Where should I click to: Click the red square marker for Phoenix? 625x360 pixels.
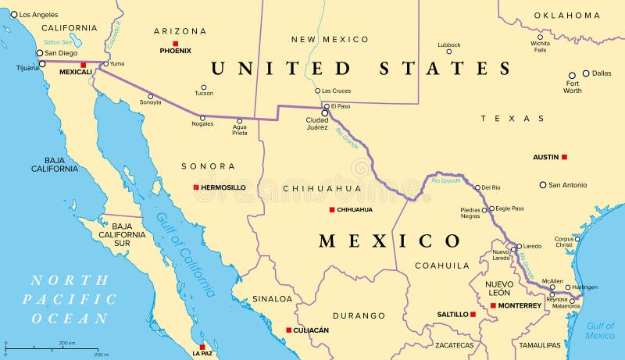click(x=176, y=43)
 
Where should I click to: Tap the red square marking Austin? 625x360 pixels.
click(x=564, y=157)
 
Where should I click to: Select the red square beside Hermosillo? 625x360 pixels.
click(x=196, y=187)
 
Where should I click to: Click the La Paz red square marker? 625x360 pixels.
click(x=202, y=347)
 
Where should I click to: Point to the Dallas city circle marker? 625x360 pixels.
click(x=586, y=73)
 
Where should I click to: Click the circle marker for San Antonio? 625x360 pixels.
click(x=543, y=185)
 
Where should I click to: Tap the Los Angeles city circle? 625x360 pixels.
click(x=14, y=14)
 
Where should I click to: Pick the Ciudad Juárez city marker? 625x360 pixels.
click(x=325, y=113)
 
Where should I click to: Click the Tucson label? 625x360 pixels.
click(x=204, y=94)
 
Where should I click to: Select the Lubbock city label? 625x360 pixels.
click(x=449, y=45)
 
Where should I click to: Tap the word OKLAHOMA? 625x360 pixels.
click(x=566, y=15)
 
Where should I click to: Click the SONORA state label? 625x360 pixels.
click(x=208, y=166)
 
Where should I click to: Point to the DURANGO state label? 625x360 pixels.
click(x=359, y=315)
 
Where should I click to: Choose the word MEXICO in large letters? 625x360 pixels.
click(x=390, y=241)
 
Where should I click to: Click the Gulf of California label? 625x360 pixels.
click(x=184, y=255)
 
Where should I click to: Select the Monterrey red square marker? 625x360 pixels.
click(x=492, y=305)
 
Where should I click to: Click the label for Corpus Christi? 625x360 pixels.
click(x=564, y=241)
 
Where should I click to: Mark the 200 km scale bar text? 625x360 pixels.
click(x=66, y=343)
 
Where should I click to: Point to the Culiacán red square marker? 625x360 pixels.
click(x=288, y=330)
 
